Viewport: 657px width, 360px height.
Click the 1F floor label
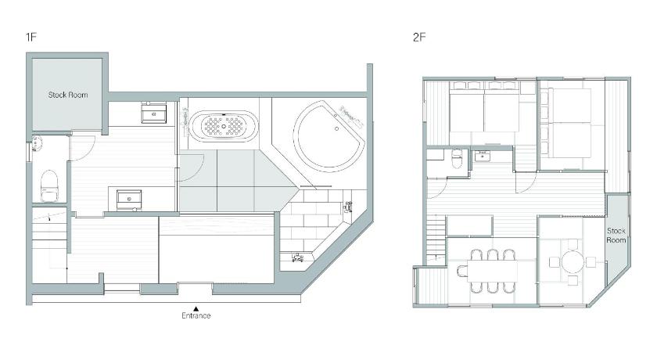31,37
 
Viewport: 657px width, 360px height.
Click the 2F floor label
419,37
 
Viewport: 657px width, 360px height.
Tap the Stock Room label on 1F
68,95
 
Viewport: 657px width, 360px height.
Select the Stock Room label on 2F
616,235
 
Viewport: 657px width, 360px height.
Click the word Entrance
196,315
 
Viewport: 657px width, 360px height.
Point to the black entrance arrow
196,308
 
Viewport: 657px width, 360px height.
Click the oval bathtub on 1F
224,125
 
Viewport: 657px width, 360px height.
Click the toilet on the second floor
456,158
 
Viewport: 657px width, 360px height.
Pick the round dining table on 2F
573,262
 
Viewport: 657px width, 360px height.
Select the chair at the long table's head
461,271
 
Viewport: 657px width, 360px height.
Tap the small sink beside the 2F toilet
483,157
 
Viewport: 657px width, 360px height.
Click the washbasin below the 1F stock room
153,113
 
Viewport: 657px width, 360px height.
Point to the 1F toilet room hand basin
37,146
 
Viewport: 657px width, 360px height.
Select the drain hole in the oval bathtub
224,125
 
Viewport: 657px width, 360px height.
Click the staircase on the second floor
436,238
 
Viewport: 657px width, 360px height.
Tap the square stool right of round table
591,262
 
